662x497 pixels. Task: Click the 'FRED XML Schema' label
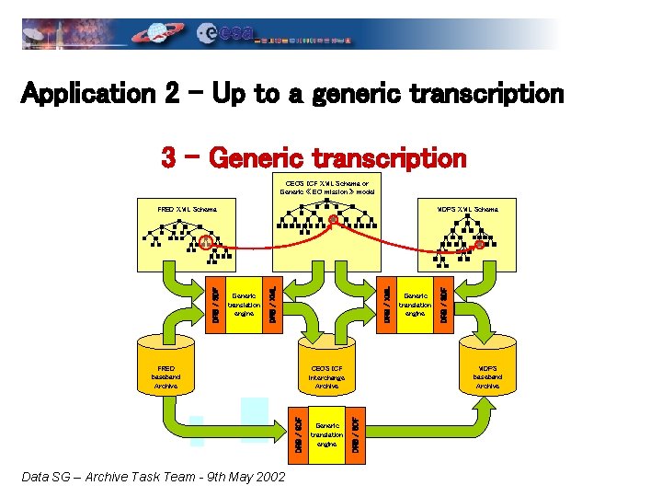pyautogui.click(x=187, y=210)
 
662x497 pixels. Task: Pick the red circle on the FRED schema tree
pyautogui.click(x=206, y=242)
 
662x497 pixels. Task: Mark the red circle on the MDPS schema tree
pyautogui.click(x=479, y=244)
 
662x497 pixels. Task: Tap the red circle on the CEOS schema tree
pyautogui.click(x=333, y=219)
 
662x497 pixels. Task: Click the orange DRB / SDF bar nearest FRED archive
pyautogui.click(x=214, y=295)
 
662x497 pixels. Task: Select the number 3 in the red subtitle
pyautogui.click(x=168, y=157)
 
